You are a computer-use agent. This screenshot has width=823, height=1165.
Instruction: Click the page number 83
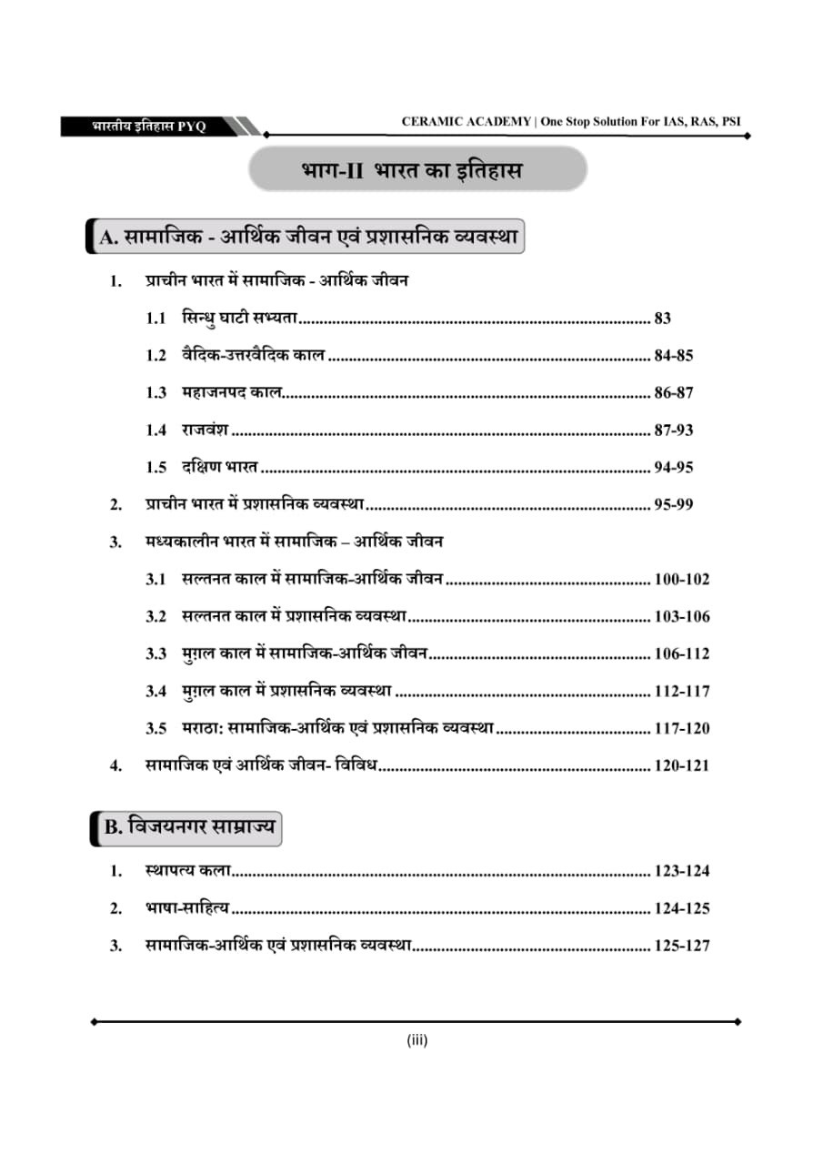click(662, 319)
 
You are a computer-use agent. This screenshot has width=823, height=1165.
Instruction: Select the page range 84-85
click(673, 356)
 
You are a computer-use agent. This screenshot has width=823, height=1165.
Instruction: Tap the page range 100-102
click(681, 579)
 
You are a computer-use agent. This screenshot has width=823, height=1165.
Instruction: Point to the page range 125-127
click(681, 946)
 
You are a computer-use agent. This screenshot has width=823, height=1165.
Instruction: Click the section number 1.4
click(156, 431)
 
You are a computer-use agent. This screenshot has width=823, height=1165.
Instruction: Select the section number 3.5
click(156, 728)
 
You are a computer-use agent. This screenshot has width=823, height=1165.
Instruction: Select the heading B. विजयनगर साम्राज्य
click(189, 828)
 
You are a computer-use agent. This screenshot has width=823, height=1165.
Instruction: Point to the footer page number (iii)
click(417, 1040)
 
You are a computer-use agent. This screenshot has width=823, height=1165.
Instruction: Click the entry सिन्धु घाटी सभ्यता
click(240, 319)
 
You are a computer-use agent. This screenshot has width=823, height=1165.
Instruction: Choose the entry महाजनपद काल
click(231, 393)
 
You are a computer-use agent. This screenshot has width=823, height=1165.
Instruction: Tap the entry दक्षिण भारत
click(219, 468)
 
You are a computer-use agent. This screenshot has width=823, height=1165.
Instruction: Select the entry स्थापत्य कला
click(187, 871)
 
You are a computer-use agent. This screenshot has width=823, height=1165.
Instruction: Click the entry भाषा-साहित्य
click(186, 908)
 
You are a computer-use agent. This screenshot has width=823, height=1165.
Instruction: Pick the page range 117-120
click(681, 728)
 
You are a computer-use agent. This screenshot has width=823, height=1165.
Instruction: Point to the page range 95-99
click(673, 504)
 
